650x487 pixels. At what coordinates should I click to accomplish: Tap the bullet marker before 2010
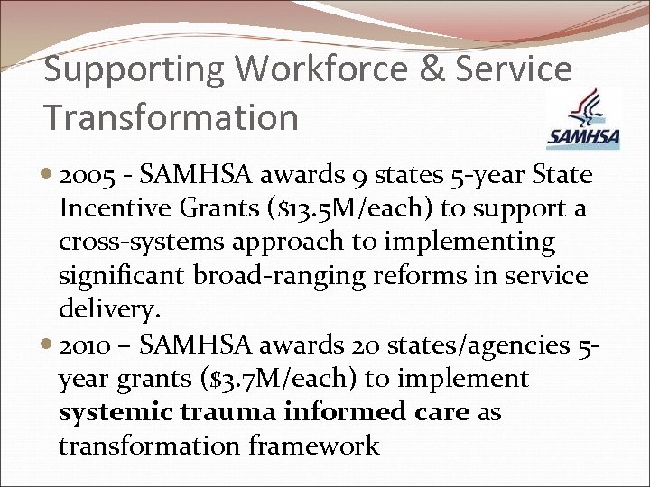pyautogui.click(x=48, y=345)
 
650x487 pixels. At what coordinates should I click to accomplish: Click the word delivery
pyautogui.click(x=108, y=310)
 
